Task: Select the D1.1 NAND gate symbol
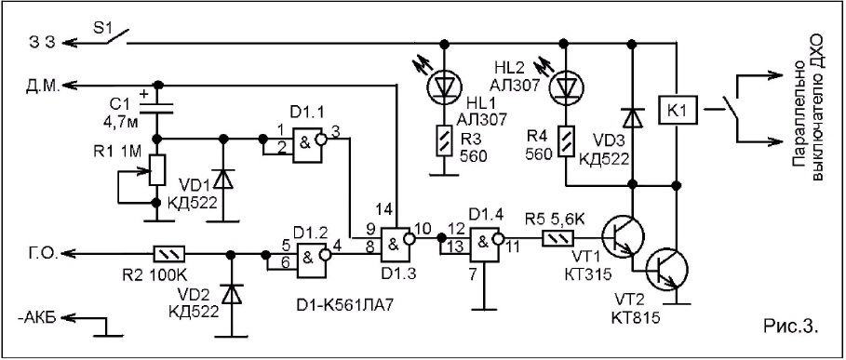(x=306, y=145)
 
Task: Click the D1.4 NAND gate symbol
(x=484, y=244)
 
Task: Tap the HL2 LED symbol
(x=564, y=86)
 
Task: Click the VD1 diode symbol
(x=222, y=180)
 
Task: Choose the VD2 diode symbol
(x=232, y=294)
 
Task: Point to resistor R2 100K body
(x=170, y=252)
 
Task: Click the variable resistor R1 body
(x=157, y=170)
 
